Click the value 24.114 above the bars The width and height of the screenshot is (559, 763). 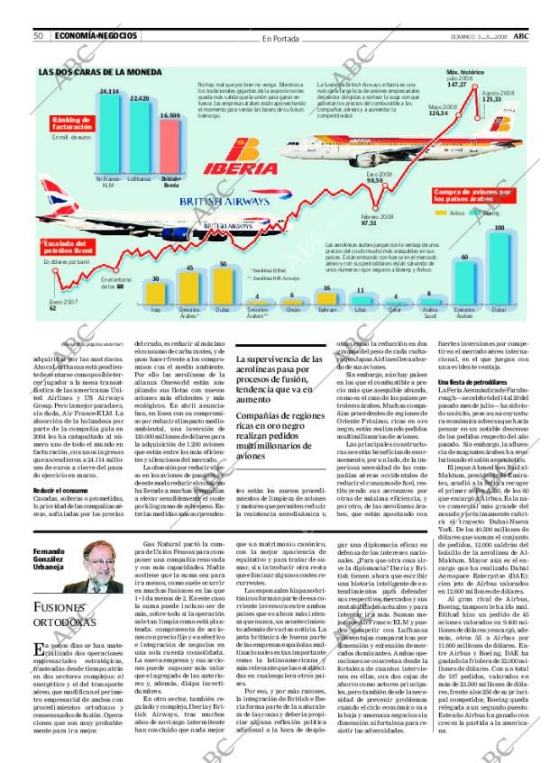tap(109, 92)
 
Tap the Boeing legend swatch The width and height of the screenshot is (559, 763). tap(474, 213)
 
